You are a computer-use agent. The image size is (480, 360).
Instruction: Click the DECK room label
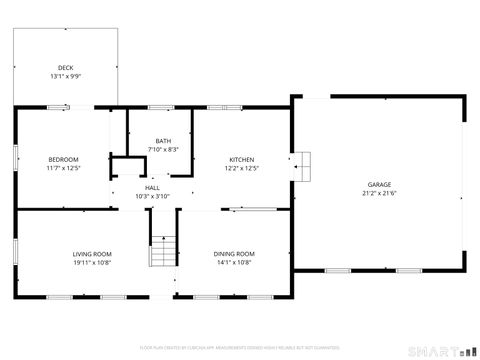[65, 68]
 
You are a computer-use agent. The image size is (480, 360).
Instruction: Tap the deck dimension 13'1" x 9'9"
[65, 76]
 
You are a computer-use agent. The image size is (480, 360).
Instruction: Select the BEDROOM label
[63, 160]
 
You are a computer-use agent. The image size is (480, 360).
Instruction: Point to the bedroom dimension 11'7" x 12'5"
[63, 168]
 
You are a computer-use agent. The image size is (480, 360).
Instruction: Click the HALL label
[152, 188]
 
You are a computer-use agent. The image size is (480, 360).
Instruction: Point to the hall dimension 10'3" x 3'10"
[152, 196]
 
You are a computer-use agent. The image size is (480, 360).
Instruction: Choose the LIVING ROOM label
[91, 254]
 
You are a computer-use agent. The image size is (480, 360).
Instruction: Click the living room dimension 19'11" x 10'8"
[91, 262]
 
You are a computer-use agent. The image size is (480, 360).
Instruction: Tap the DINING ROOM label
[234, 254]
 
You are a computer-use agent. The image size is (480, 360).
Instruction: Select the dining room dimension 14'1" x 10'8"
[234, 262]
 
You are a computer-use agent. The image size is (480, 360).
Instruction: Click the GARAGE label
[378, 185]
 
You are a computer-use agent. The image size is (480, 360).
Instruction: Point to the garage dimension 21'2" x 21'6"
[378, 193]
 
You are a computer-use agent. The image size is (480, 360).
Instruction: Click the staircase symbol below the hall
[163, 252]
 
